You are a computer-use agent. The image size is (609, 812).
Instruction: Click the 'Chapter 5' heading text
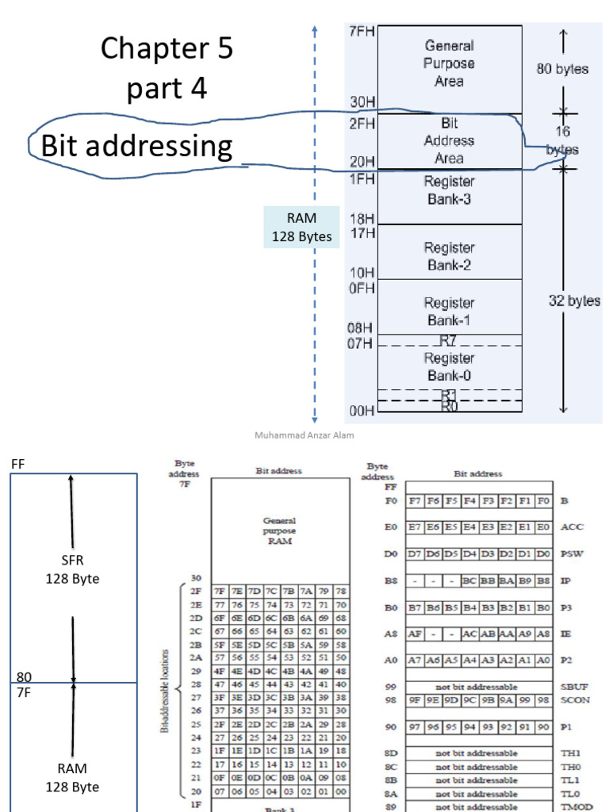pyautogui.click(x=167, y=49)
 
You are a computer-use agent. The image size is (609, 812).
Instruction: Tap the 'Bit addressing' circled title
pyautogui.click(x=137, y=147)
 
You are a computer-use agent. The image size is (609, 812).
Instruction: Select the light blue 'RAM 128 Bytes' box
pyautogui.click(x=302, y=228)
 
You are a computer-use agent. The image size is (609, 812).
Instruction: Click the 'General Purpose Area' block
pyautogui.click(x=449, y=64)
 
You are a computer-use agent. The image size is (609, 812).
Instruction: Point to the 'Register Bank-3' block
pyautogui.click(x=449, y=190)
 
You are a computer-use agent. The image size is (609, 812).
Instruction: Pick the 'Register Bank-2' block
pyautogui.click(x=449, y=256)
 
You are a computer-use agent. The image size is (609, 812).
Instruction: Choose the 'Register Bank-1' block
pyautogui.click(x=449, y=311)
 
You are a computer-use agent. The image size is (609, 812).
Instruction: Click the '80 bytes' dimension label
pyautogui.click(x=562, y=69)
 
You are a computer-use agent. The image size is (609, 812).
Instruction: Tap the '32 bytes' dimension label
pyautogui.click(x=574, y=301)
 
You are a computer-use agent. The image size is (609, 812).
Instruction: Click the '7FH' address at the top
pyautogui.click(x=362, y=32)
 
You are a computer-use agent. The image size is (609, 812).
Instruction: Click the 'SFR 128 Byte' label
pyautogui.click(x=72, y=570)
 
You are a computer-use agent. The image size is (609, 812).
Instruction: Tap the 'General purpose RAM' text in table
pyautogui.click(x=279, y=531)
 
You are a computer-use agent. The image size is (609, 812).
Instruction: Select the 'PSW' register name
pyautogui.click(x=571, y=553)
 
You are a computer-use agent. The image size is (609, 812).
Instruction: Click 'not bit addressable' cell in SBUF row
pyautogui.click(x=478, y=686)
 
